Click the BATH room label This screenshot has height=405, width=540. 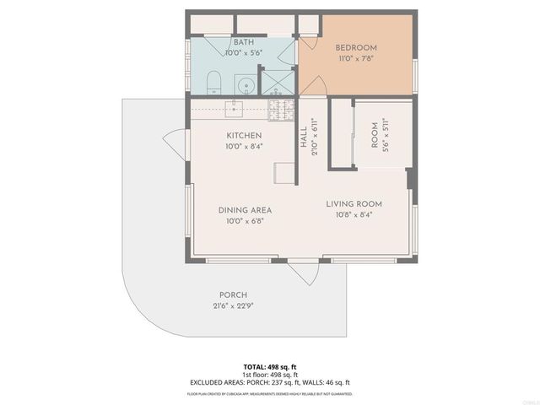coord(243,42)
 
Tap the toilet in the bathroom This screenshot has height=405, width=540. coord(214,83)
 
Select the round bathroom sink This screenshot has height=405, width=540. coord(244,84)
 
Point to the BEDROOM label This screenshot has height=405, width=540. coord(356,47)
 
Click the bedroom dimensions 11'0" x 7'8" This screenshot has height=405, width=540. coord(356,59)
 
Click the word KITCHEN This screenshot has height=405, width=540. coord(244,135)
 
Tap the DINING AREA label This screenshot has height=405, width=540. coord(245,210)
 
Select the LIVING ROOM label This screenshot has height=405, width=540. coord(354,204)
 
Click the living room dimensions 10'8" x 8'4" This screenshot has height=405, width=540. coord(354,215)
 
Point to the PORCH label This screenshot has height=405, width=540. coord(233,294)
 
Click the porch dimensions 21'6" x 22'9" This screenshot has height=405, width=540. coord(233,306)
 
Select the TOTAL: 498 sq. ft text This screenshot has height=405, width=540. coord(270,366)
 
